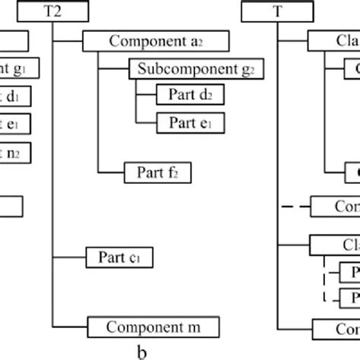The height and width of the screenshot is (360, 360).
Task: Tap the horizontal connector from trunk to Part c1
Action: coord(70,257)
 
